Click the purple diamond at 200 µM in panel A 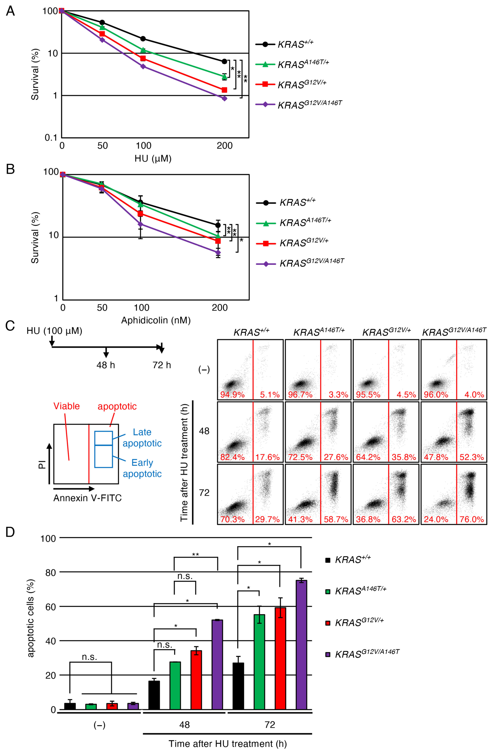(x=225, y=99)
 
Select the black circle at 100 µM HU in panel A (x=143, y=39)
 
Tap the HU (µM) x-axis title (x=153, y=158)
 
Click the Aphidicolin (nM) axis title (x=156, y=320)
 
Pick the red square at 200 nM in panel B (x=218, y=241)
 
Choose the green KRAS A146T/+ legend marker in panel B (x=266, y=223)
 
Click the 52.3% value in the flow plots (x=472, y=457)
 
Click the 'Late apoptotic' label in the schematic (x=142, y=437)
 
